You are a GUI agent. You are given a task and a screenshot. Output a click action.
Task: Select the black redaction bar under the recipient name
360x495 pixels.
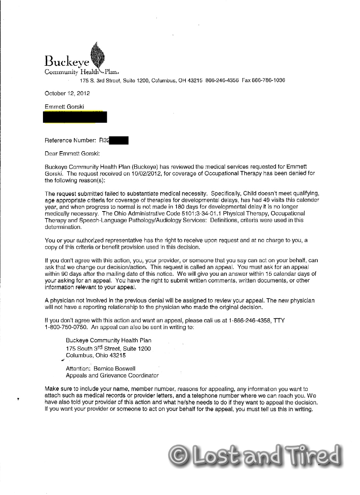point(75,117)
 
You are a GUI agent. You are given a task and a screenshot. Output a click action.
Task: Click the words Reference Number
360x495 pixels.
point(70,141)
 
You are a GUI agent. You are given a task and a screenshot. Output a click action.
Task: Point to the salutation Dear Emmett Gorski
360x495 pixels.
point(72,154)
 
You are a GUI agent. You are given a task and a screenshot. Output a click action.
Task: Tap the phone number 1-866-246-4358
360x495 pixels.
point(251,321)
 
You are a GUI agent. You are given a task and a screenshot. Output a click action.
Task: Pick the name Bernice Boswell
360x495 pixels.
point(115,369)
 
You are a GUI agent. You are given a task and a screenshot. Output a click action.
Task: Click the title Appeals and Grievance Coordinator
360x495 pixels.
point(112,376)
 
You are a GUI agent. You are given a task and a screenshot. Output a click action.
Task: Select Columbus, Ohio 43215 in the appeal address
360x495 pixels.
point(96,355)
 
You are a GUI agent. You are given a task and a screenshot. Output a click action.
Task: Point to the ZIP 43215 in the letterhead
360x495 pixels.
point(195,80)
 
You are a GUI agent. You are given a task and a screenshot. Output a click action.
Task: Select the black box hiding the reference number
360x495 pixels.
point(119,141)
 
